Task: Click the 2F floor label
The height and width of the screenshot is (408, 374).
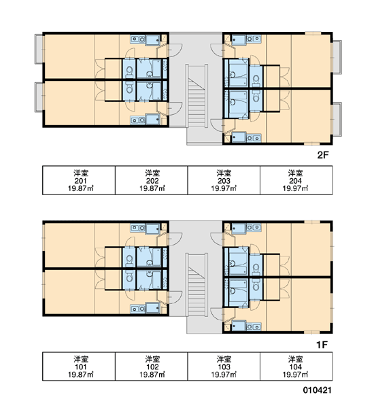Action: pos(323,155)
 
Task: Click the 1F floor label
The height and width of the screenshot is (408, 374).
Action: pos(322,345)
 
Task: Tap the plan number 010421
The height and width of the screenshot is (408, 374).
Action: pos(317,390)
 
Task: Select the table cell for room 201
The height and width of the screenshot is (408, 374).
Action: pos(79,180)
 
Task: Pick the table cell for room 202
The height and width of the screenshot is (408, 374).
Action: pos(151,180)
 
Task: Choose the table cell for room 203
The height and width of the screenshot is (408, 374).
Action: pos(224,180)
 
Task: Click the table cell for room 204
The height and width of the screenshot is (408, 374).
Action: pos(296,180)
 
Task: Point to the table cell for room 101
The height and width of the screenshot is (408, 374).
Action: pos(79,367)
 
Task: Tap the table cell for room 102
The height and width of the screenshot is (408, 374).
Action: pos(151,367)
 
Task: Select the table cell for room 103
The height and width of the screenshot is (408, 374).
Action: pos(224,367)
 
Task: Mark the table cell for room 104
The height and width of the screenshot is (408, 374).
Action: pos(296,367)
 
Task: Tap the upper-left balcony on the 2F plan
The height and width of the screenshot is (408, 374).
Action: pos(39,49)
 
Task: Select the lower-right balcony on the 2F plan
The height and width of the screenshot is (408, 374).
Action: pos(337,120)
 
